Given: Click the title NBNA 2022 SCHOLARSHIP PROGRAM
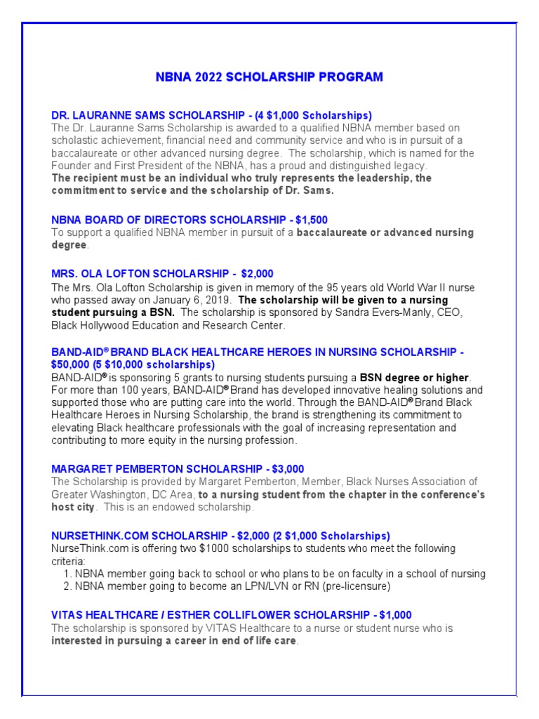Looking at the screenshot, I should pyautogui.click(x=269, y=77).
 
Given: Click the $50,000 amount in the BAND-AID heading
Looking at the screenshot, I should pyautogui.click(x=73, y=365).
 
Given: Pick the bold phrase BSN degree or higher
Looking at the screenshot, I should pyautogui.click(x=414, y=378).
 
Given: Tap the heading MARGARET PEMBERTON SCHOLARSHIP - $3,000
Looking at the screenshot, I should pyautogui.click(x=178, y=469).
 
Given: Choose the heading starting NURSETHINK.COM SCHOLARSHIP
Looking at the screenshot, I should pyautogui.click(x=220, y=536).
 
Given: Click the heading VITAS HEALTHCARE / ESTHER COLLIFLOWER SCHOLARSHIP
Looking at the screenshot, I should pyautogui.click(x=232, y=615).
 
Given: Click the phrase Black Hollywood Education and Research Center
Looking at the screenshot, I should pyautogui.click(x=168, y=326).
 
